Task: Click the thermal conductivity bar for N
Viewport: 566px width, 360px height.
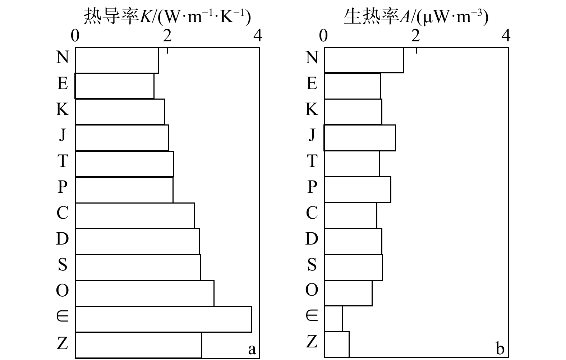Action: [x=117, y=60]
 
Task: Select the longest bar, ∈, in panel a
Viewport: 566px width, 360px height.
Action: [x=164, y=319]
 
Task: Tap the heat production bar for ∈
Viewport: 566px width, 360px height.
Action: [x=333, y=319]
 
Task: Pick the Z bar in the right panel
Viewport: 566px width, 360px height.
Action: [x=337, y=345]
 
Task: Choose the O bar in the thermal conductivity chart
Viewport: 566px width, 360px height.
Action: [x=144, y=293]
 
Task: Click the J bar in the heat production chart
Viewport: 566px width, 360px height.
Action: [x=360, y=138]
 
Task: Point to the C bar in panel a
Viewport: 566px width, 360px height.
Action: [x=135, y=216]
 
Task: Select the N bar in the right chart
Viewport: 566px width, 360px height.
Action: [x=364, y=60]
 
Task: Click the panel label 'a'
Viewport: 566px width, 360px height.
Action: [x=252, y=349]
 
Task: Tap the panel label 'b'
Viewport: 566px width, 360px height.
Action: [x=500, y=348]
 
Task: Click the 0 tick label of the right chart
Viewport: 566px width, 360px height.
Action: [x=323, y=36]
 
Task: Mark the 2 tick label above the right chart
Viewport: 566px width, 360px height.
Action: [x=416, y=36]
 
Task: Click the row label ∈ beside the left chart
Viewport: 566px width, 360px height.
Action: [x=63, y=316]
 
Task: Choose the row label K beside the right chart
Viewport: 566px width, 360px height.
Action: [x=312, y=109]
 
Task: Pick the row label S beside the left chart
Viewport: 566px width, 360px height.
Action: [x=63, y=264]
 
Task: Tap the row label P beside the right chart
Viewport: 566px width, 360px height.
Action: [x=312, y=187]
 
